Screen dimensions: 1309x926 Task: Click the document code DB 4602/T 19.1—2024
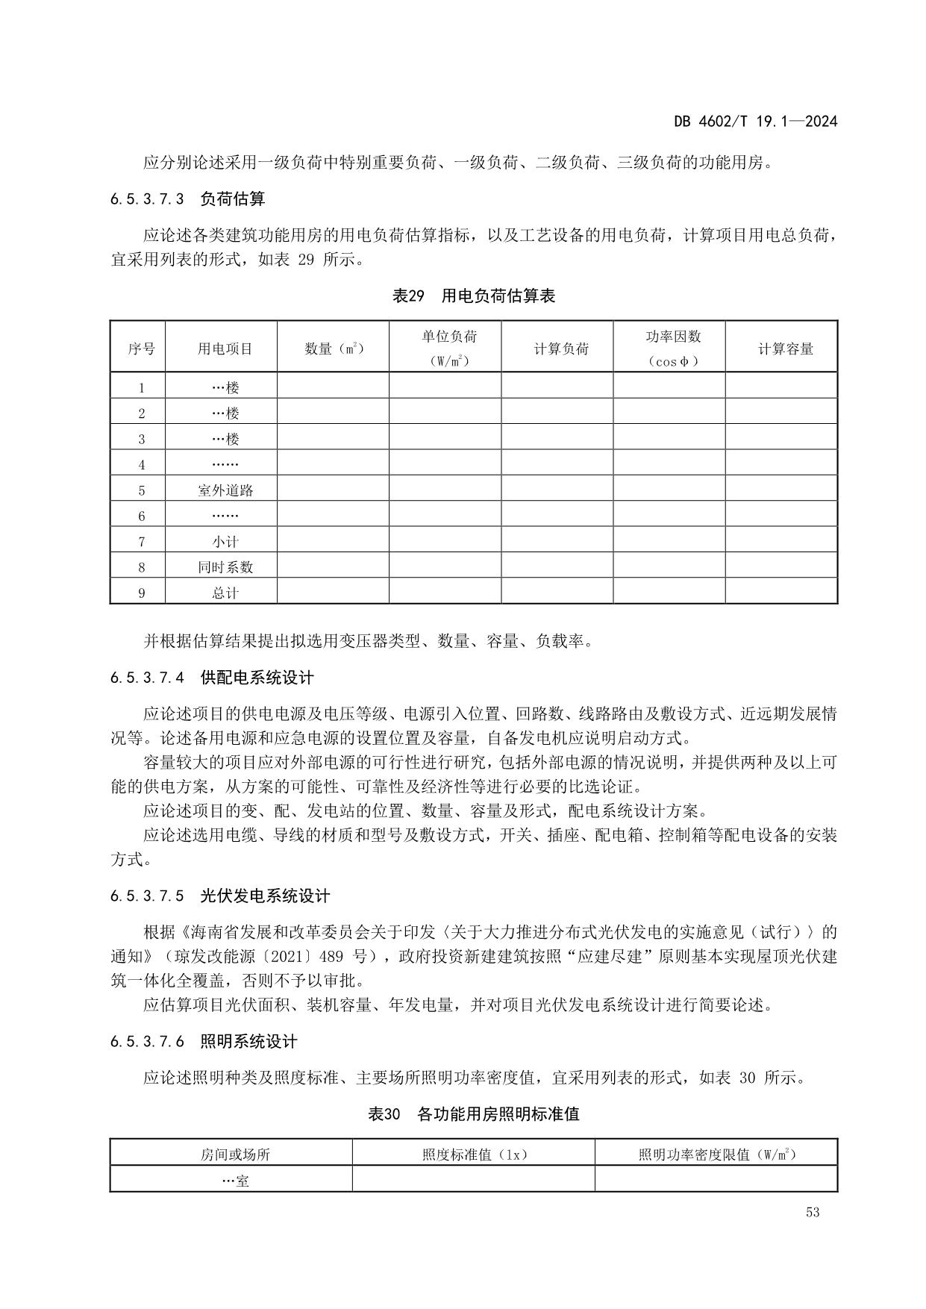[x=755, y=121]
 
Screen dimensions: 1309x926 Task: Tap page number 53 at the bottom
[x=813, y=1212]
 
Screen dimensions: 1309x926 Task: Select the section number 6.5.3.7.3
[x=147, y=199]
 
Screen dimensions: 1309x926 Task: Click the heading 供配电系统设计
[x=257, y=678]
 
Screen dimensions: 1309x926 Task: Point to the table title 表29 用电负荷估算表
[x=474, y=296]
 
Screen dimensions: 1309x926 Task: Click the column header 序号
[x=141, y=349]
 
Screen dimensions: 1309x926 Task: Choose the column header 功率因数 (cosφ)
[x=673, y=349]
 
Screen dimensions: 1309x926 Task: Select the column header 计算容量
[x=785, y=349]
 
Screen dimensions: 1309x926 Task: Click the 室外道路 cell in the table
[x=225, y=490]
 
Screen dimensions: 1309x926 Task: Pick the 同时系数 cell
[x=225, y=567]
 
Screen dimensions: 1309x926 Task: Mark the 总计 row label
[x=225, y=593]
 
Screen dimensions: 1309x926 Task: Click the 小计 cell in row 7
[x=225, y=542]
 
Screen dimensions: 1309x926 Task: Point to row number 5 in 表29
[x=141, y=490]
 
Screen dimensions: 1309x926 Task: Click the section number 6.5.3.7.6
[x=147, y=1041]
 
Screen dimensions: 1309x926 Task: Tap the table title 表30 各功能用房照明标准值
[x=474, y=1114]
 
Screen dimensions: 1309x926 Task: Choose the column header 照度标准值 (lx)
[x=475, y=1155]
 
